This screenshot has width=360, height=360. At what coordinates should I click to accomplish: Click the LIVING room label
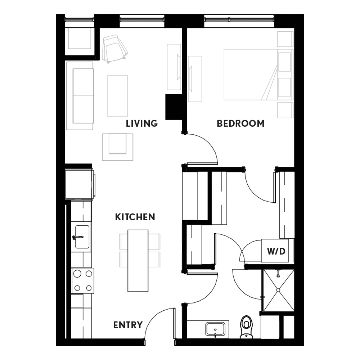tap(141, 123)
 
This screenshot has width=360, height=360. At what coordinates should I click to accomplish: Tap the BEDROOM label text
tap(240, 123)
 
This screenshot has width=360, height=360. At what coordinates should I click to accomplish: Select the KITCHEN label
tap(135, 217)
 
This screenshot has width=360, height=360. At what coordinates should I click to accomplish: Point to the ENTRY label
tap(128, 325)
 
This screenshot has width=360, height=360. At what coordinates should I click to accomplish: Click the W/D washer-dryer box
tap(275, 251)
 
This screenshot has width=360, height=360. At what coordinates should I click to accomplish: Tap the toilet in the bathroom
tap(246, 327)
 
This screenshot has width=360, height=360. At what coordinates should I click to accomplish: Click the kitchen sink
tap(82, 237)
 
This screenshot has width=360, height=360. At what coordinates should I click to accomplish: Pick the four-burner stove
tap(83, 280)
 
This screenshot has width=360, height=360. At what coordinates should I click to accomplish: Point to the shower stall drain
tap(278, 290)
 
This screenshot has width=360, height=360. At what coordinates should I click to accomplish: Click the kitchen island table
tap(138, 261)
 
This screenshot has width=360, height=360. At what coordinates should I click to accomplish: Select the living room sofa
tap(80, 96)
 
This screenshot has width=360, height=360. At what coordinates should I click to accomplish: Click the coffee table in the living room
tap(117, 96)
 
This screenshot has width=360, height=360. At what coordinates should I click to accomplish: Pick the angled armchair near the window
tap(114, 49)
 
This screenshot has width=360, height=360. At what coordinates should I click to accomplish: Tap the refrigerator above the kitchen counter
tap(80, 184)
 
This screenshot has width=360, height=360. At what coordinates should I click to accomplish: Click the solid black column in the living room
tap(174, 107)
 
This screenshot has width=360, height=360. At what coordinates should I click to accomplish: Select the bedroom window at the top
tap(239, 20)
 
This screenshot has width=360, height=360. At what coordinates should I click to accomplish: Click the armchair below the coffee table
tap(118, 147)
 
